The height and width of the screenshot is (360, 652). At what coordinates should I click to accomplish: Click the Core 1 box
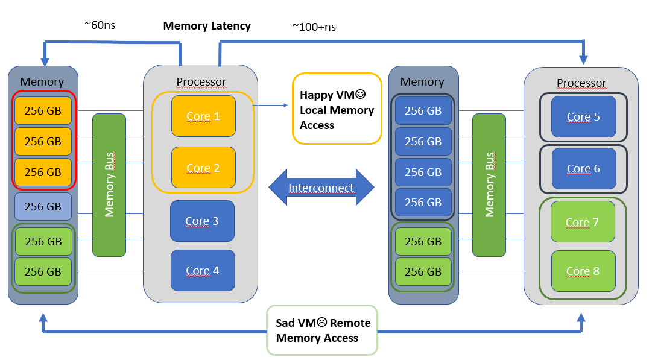point(203,116)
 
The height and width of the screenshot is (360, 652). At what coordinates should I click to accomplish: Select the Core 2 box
point(203,168)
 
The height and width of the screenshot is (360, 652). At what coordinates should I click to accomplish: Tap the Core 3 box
point(202,221)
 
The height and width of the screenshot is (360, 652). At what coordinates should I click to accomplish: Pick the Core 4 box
point(202,270)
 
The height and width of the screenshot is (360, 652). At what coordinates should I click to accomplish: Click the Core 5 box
point(583,116)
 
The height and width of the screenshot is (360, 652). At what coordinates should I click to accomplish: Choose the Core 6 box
point(583,168)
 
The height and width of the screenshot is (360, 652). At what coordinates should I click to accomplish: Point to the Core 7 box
point(583,222)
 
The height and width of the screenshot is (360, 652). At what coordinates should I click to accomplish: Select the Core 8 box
point(583,271)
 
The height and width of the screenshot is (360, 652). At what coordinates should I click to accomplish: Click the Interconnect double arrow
point(321,188)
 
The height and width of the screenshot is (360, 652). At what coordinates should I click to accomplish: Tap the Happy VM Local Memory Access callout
point(337,109)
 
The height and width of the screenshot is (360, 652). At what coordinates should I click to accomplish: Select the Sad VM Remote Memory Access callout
point(322,330)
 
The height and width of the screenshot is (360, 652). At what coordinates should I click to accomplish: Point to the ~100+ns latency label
point(314,27)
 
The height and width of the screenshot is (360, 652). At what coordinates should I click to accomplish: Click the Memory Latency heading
point(207,26)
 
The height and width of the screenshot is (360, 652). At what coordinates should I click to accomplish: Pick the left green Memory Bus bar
point(109,185)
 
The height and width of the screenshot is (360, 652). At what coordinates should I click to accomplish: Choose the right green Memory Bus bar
point(489,185)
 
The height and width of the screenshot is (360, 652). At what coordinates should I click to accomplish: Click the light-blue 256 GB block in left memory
point(43,206)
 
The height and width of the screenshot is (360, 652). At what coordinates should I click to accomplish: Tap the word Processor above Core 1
point(201,81)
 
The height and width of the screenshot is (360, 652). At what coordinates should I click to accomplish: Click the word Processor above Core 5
point(581,83)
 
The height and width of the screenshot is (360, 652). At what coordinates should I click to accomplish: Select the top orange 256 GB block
point(43,110)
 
